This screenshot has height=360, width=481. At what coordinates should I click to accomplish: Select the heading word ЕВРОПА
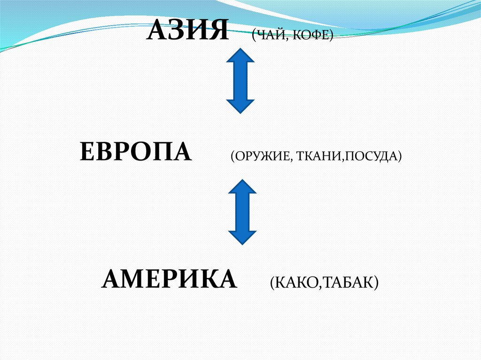click(136, 153)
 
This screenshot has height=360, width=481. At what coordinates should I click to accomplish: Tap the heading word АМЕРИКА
click(169, 279)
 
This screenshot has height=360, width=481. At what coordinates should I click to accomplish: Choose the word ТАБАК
click(347, 283)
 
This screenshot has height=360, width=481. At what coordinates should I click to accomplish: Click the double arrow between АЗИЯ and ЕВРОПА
click(240, 81)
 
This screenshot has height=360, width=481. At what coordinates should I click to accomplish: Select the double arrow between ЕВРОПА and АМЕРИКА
click(242, 212)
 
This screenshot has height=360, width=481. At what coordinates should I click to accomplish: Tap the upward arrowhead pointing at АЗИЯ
click(240, 56)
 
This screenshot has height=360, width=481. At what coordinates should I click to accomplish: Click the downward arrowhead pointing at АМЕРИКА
click(242, 237)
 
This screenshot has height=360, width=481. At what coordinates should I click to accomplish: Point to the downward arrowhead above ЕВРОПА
click(240, 106)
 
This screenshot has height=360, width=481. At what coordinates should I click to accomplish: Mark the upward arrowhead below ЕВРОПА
click(242, 186)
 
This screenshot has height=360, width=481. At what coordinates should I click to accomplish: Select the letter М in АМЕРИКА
click(132, 279)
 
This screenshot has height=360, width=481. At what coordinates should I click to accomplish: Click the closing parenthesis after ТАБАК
click(376, 283)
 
